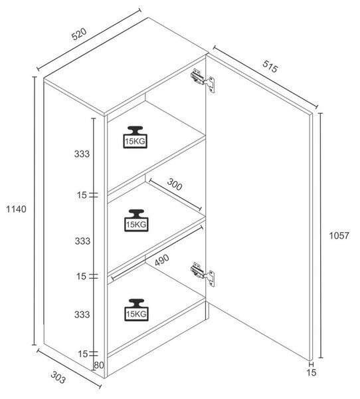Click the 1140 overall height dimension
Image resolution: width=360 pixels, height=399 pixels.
pyautogui.click(x=16, y=209)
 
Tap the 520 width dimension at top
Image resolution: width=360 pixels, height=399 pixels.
pyautogui.click(x=79, y=34)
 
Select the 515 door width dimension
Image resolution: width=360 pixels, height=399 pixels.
pyautogui.click(x=270, y=66)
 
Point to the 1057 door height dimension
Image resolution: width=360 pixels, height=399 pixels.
pyautogui.click(x=339, y=235)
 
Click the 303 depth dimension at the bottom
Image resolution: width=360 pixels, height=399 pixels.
pyautogui.click(x=58, y=377)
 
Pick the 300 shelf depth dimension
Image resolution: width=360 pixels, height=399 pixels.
pyautogui.click(x=175, y=184)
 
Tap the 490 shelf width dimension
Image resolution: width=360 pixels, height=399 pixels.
pyautogui.click(x=161, y=260)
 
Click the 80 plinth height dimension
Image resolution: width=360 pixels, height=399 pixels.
pyautogui.click(x=99, y=365)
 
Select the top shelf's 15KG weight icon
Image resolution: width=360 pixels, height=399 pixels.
pyautogui.click(x=135, y=137)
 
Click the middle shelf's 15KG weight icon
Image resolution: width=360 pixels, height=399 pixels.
pyautogui.click(x=136, y=220)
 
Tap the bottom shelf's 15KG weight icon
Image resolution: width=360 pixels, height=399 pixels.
pyautogui.click(x=136, y=310)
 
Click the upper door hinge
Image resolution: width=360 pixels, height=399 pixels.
pyautogui.click(x=203, y=80)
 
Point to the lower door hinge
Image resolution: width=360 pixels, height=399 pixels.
pyautogui.click(x=203, y=274)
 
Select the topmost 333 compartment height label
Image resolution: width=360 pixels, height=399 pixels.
pyautogui.click(x=82, y=154)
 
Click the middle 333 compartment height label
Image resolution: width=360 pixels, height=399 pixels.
pyautogui.click(x=82, y=241)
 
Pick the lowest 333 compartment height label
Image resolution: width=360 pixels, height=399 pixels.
pyautogui.click(x=82, y=315)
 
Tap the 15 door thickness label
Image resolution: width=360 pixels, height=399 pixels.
pyautogui.click(x=312, y=372)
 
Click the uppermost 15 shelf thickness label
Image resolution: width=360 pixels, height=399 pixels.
pyautogui.click(x=82, y=195)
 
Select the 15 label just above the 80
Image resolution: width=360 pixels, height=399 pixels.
pyautogui.click(x=82, y=354)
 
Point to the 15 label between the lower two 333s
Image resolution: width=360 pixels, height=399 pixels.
pyautogui.click(x=81, y=276)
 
